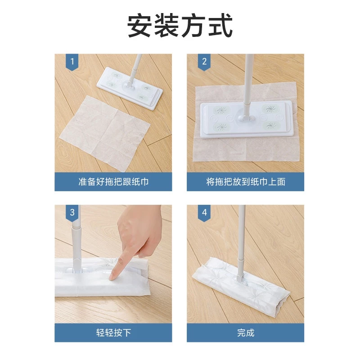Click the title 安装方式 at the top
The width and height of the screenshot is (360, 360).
[180, 25]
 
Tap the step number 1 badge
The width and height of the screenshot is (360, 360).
[72, 62]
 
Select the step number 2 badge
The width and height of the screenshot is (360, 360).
[204, 62]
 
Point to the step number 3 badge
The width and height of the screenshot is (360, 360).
[72, 213]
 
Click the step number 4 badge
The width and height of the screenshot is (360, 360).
[204, 213]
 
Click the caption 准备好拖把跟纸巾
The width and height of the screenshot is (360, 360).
[113, 182]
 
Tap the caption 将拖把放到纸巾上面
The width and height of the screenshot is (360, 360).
[246, 182]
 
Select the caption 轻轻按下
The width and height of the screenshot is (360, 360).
[113, 333]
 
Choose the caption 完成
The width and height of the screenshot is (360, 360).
[246, 333]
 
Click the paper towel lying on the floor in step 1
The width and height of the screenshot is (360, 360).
[104, 133]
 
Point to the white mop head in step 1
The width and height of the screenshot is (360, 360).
[130, 88]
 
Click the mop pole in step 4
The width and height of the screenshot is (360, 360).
[241, 243]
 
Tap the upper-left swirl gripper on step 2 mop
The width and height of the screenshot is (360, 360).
[220, 110]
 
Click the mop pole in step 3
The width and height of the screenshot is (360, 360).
[76, 237]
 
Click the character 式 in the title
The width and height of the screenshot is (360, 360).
[220, 25]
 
